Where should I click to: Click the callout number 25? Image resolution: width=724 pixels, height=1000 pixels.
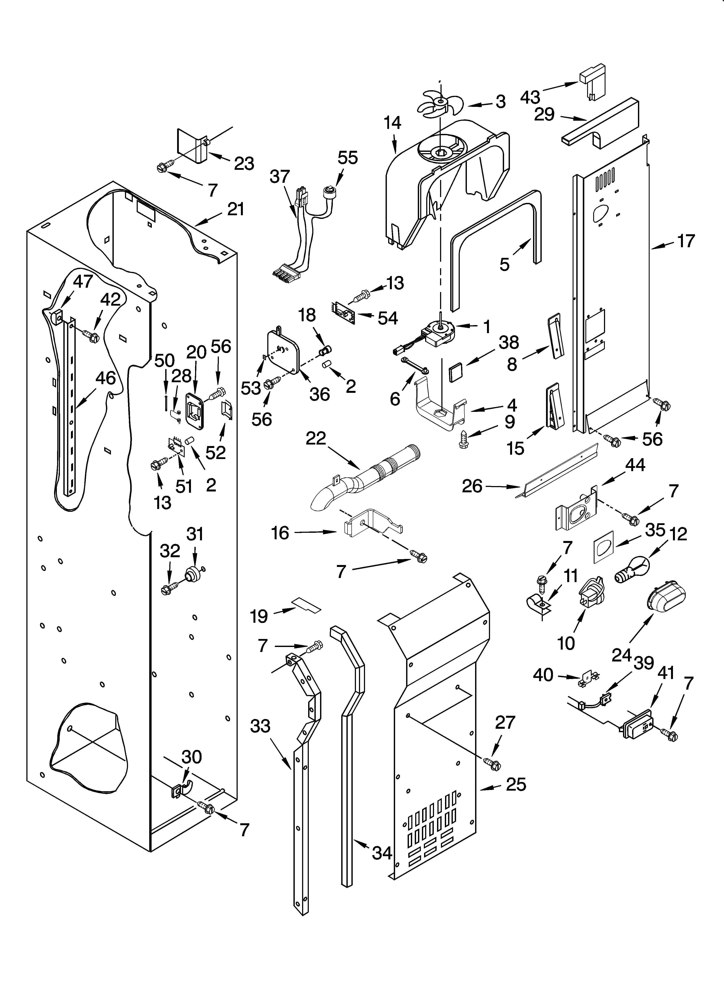tap(516, 784)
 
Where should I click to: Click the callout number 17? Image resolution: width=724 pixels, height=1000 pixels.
tap(686, 241)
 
